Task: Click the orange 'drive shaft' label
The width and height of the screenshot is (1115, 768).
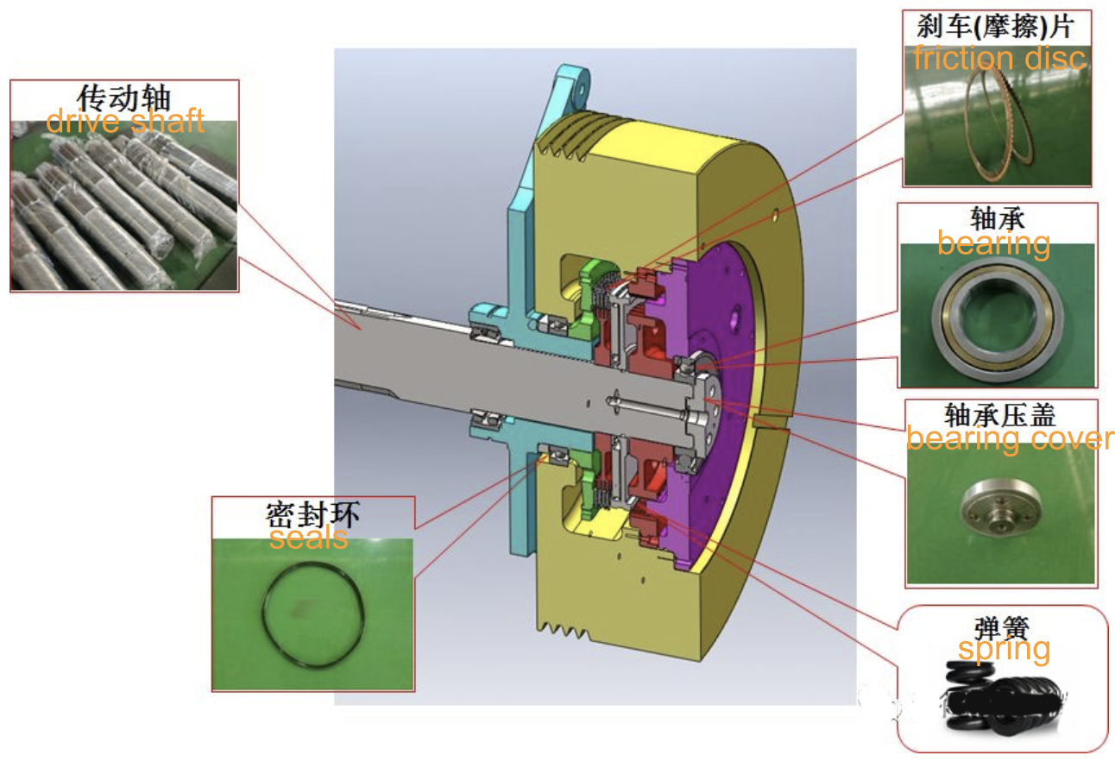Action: point(125,121)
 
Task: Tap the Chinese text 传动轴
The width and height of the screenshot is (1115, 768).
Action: point(124,97)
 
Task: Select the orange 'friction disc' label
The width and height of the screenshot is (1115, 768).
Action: point(999,58)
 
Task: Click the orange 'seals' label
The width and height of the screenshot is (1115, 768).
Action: point(309,538)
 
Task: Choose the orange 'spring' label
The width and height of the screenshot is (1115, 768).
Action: point(1004,650)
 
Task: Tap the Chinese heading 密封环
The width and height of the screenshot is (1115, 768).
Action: point(312,514)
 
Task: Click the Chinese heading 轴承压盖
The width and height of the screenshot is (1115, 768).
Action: point(1000,415)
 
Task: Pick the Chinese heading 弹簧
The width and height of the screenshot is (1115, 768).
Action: point(1001,628)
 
